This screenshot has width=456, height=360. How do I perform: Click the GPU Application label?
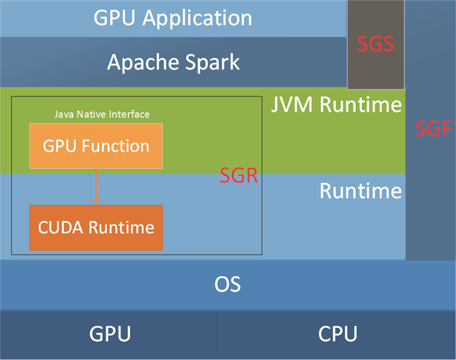(x=173, y=18)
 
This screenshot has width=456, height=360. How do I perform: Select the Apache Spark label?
(x=173, y=62)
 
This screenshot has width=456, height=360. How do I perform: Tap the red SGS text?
(x=376, y=44)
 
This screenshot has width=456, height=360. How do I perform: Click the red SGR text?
(x=238, y=176)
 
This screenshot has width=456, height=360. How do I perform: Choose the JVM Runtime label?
(x=336, y=105)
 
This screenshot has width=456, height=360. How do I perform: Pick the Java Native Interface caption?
(x=101, y=115)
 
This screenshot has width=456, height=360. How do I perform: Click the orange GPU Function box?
(x=96, y=146)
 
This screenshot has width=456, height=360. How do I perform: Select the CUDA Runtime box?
(x=96, y=228)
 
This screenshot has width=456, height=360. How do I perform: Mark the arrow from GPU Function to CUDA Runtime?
(x=96, y=187)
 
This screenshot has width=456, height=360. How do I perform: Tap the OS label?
(x=227, y=284)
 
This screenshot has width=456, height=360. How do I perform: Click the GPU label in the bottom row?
(x=109, y=335)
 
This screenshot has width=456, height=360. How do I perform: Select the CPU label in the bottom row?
(x=337, y=335)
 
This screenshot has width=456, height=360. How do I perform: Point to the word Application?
(x=197, y=18)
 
